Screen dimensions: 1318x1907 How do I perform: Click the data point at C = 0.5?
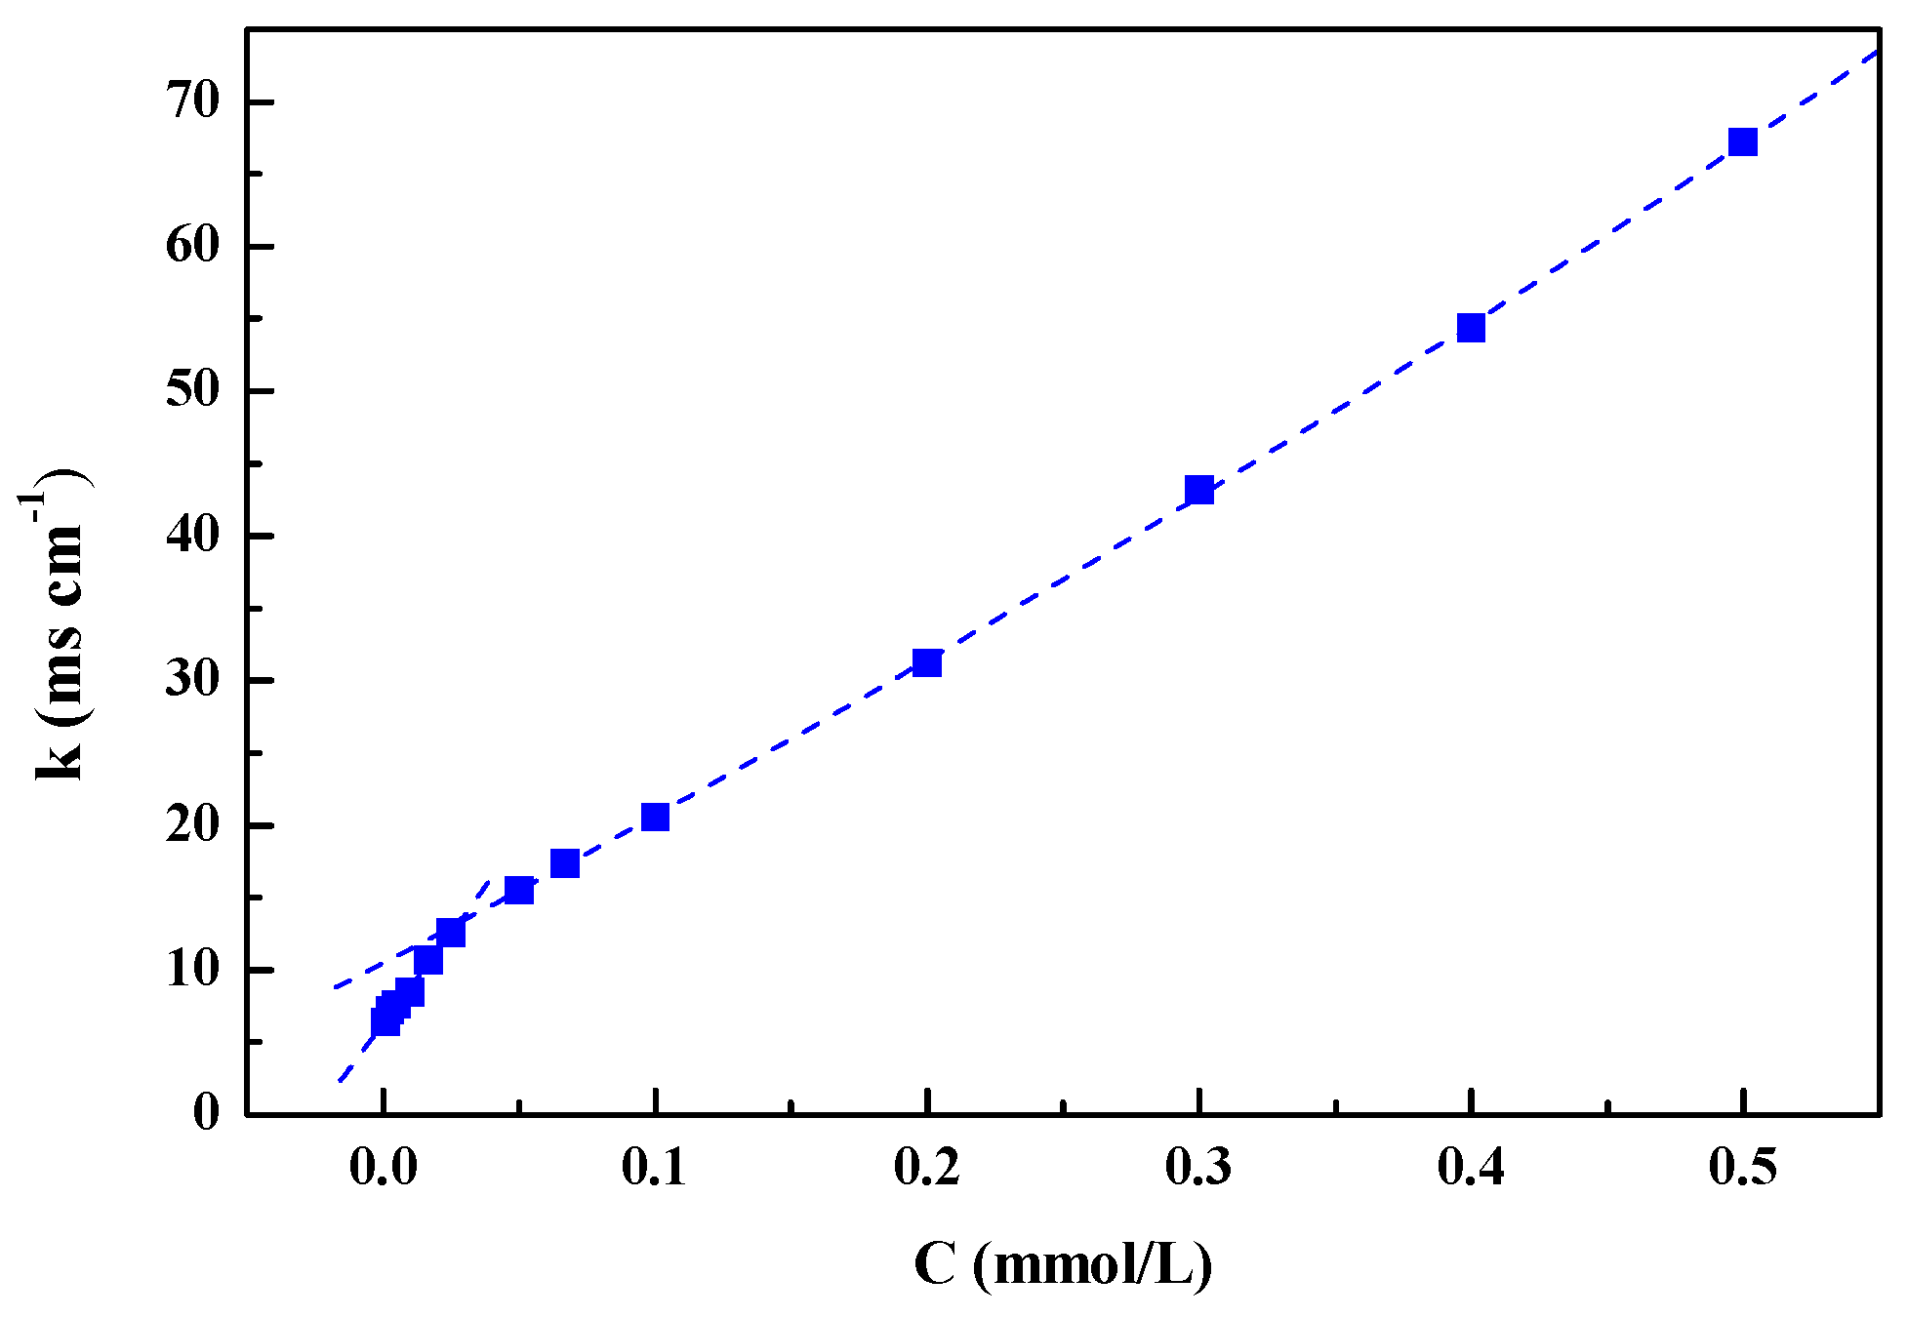click(x=1742, y=142)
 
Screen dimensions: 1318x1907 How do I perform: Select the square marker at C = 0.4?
click(x=1471, y=328)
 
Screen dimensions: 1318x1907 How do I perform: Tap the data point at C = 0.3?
click(x=1199, y=490)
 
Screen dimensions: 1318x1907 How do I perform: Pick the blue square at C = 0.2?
click(x=927, y=663)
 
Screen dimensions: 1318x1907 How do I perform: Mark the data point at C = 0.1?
click(x=655, y=817)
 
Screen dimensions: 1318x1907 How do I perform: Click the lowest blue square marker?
click(x=385, y=1021)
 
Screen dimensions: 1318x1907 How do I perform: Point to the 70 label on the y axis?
click(x=193, y=101)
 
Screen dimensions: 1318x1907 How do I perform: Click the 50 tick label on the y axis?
click(x=193, y=391)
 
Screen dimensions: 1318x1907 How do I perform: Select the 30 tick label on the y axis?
click(x=193, y=680)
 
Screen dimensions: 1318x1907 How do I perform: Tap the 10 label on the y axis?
click(x=193, y=970)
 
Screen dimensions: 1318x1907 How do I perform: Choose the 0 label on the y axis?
click(x=206, y=1112)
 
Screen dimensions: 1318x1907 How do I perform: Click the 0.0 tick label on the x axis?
click(x=384, y=1168)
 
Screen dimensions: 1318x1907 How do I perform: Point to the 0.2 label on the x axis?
click(x=927, y=1168)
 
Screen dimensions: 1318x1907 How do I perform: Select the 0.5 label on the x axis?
click(x=1742, y=1168)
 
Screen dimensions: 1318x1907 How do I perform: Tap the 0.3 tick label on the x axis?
click(x=1199, y=1168)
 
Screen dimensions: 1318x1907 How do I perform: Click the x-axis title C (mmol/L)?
click(x=1063, y=1265)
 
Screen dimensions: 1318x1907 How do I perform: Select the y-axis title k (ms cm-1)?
click(x=57, y=624)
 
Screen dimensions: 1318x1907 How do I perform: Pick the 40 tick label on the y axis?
click(x=193, y=536)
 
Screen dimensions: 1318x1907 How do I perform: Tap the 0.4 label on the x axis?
click(x=1471, y=1168)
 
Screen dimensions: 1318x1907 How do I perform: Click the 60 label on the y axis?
click(x=193, y=246)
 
